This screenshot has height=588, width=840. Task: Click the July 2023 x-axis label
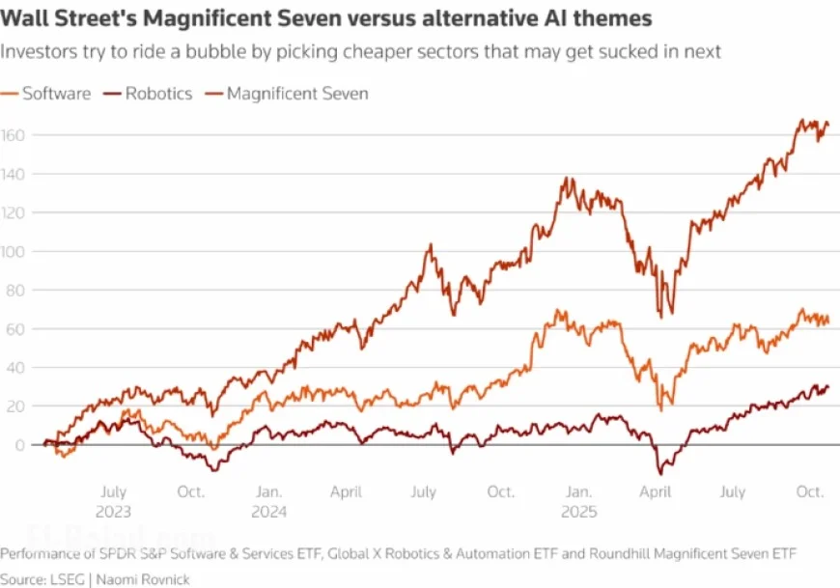click(x=114, y=501)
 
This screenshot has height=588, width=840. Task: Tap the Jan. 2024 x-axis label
click(x=269, y=501)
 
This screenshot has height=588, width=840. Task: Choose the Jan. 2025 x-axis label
click(x=578, y=501)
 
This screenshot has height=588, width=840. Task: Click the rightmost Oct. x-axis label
click(x=809, y=491)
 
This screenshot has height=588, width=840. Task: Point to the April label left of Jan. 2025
click(x=346, y=491)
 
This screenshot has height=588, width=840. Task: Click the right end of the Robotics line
click(x=827, y=386)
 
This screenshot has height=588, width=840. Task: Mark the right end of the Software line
click(x=827, y=321)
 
